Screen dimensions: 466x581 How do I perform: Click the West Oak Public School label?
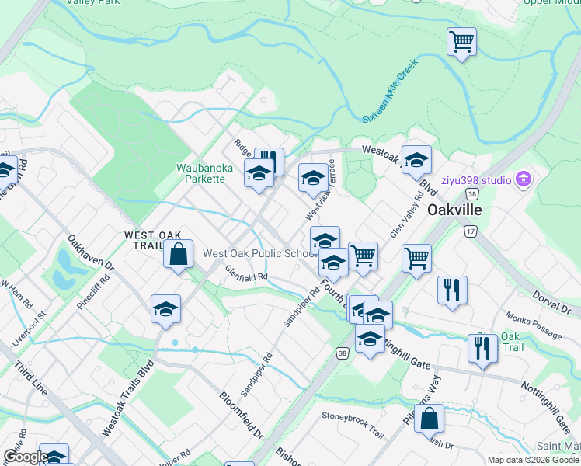pyautogui.click(x=256, y=253)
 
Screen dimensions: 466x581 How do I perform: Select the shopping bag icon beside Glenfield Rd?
pyautogui.click(x=179, y=253)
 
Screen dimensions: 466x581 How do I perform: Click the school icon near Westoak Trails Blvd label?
pyautogui.click(x=165, y=309)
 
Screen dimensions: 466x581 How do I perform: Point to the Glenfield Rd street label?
pyautogui.click(x=246, y=273)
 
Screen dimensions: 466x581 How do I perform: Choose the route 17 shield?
pyautogui.click(x=470, y=231)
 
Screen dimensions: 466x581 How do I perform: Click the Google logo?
pyautogui.click(x=25, y=457)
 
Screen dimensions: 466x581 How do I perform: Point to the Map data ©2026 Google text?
pyautogui.click(x=531, y=460)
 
